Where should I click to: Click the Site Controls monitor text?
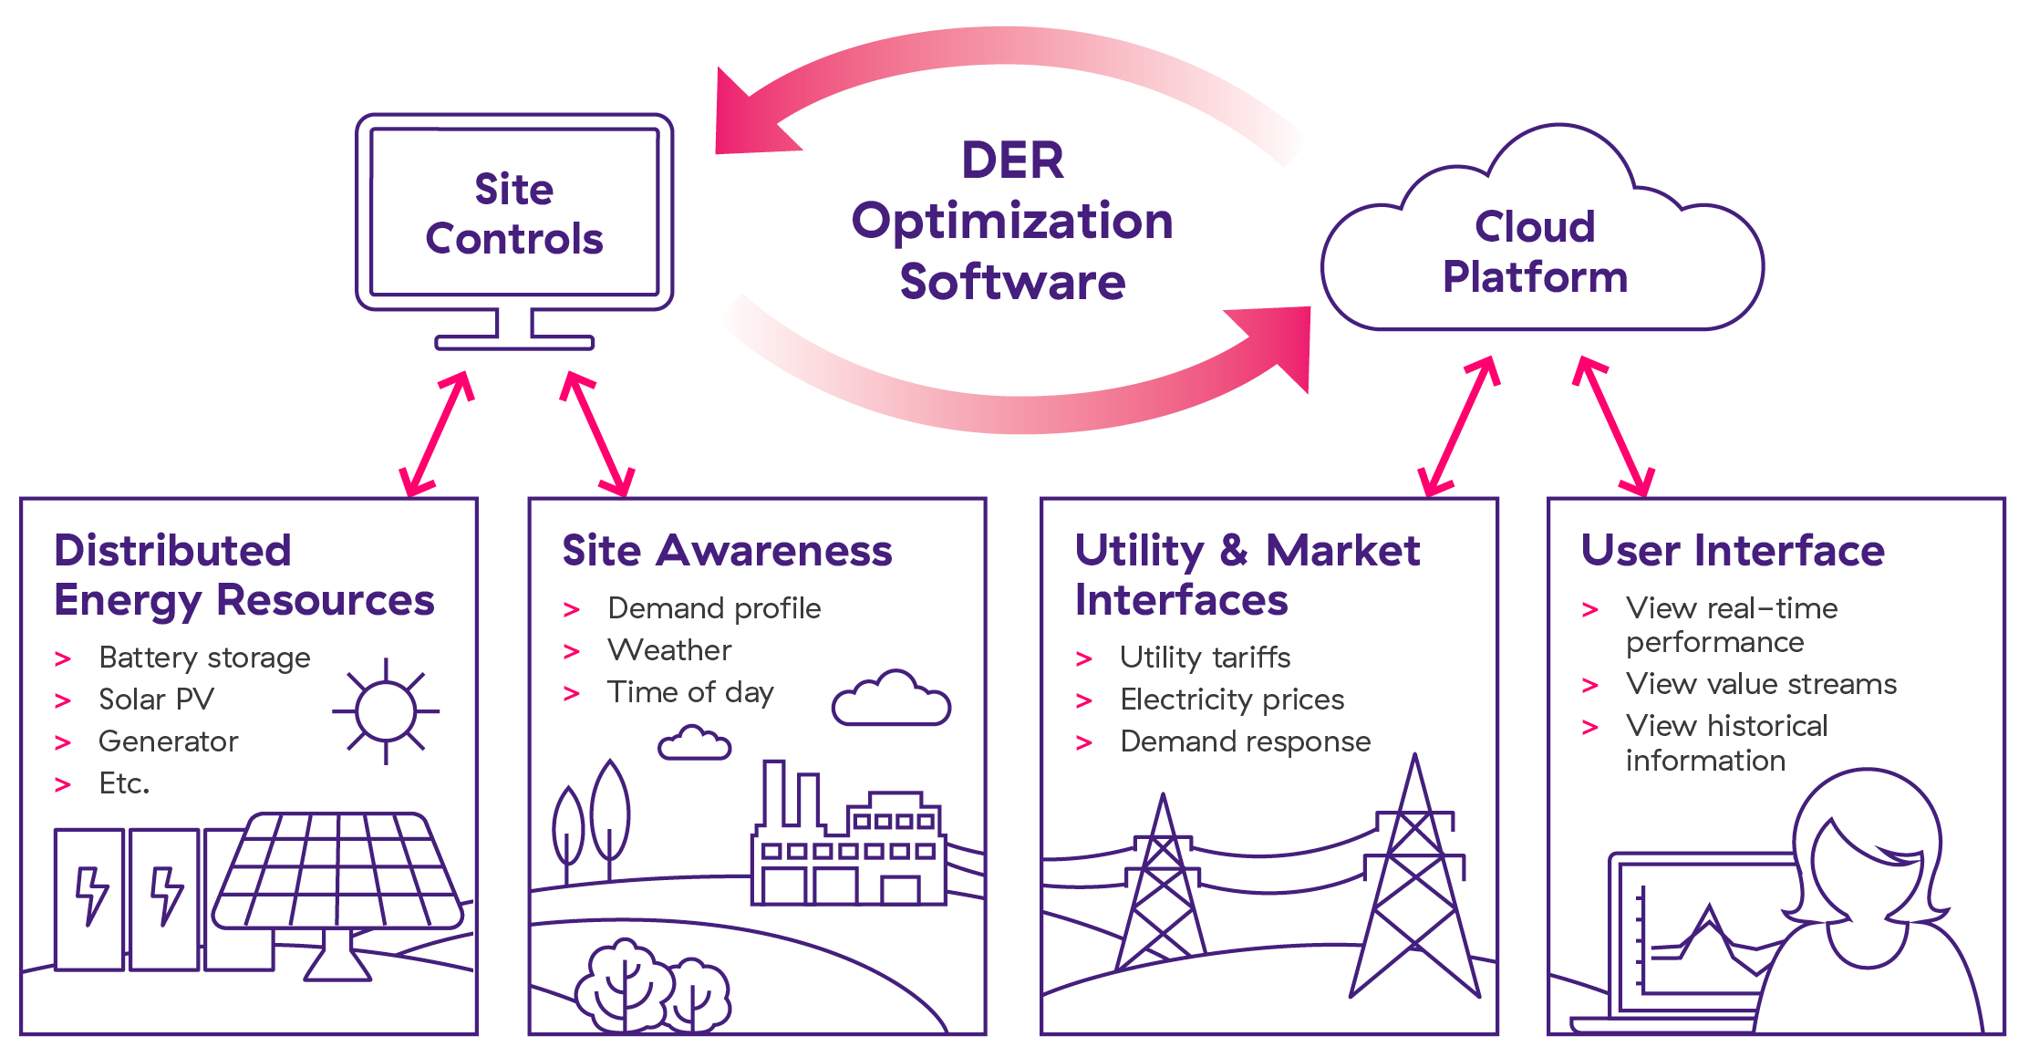[x=514, y=214]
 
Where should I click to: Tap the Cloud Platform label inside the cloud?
[x=1535, y=252]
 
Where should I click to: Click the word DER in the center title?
[x=1012, y=161]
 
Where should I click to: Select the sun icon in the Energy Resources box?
[x=386, y=710]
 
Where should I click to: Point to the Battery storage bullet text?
[x=204, y=658]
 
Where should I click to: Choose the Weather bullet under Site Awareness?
[x=669, y=650]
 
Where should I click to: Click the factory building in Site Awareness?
[x=848, y=848]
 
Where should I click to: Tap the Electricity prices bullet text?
[x=1231, y=699]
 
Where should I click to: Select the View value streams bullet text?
[x=1760, y=684]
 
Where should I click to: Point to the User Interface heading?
[x=1732, y=551]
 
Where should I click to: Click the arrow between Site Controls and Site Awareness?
[x=597, y=433]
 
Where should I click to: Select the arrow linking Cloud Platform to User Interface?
[x=1614, y=426]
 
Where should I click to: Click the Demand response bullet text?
[x=1245, y=741]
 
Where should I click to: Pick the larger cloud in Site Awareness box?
[x=891, y=700]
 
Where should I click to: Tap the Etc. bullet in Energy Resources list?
[x=124, y=783]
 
